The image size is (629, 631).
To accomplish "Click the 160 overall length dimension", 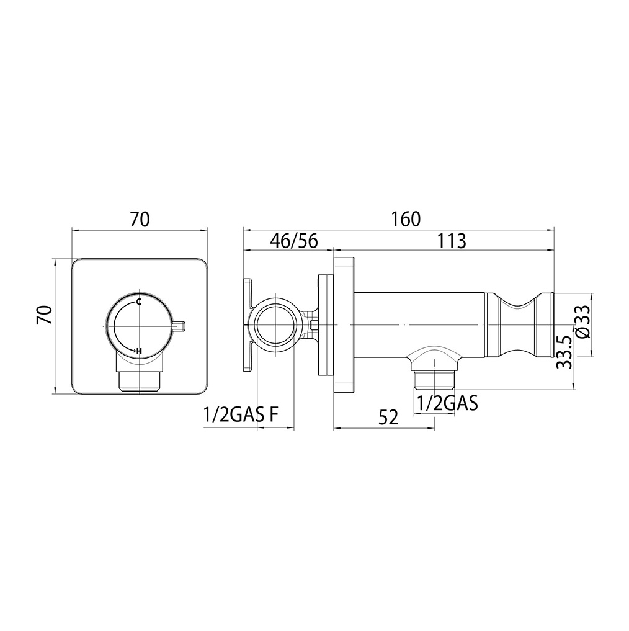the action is coord(406,220).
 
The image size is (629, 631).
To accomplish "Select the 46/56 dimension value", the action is coord(294,241).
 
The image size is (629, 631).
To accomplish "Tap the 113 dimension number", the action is coord(452,241).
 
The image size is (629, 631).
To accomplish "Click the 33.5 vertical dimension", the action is coord(564,352).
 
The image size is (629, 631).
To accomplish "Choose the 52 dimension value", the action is coord(388,418).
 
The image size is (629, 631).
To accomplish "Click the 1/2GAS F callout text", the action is coord(241,414).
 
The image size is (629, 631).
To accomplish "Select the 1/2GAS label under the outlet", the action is coord(447,403).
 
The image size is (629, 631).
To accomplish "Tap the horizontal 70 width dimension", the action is coord(140,220).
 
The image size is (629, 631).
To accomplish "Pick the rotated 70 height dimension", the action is coord(44,315).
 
